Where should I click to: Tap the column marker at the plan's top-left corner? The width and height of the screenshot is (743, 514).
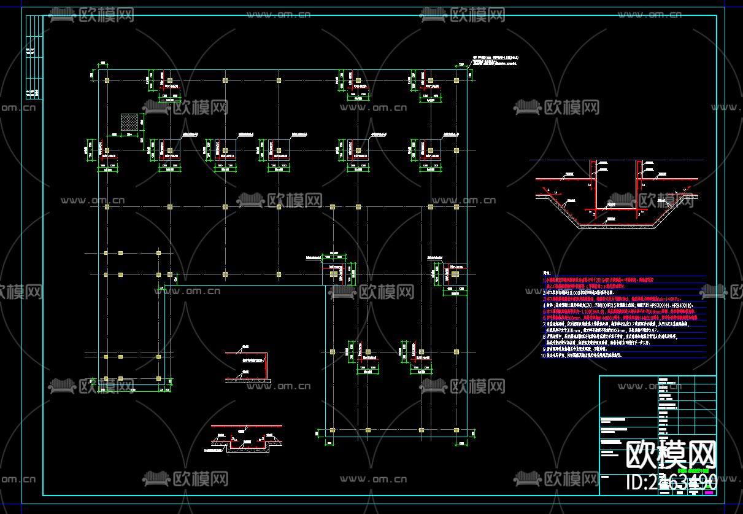click(x=106, y=80)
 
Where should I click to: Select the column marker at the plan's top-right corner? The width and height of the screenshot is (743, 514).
click(x=455, y=80)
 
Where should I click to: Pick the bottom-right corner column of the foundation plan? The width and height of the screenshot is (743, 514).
click(x=455, y=430)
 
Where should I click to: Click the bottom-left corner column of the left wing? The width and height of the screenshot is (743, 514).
click(x=106, y=378)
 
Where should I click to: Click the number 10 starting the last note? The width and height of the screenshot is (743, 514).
click(x=543, y=355)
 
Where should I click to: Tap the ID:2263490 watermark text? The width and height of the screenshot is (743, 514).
click(x=671, y=482)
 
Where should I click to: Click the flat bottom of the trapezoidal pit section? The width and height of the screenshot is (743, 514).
click(x=617, y=226)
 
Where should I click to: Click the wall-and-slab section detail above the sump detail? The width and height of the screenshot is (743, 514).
click(x=247, y=367)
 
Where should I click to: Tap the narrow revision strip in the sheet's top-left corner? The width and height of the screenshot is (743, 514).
click(x=34, y=55)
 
